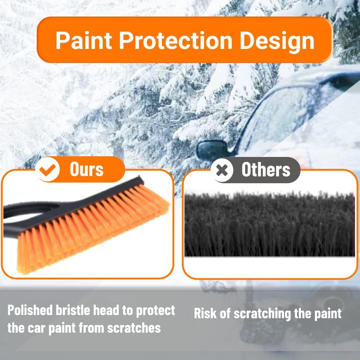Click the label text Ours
(86, 170)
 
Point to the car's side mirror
(212, 149)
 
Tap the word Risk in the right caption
(206, 314)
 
